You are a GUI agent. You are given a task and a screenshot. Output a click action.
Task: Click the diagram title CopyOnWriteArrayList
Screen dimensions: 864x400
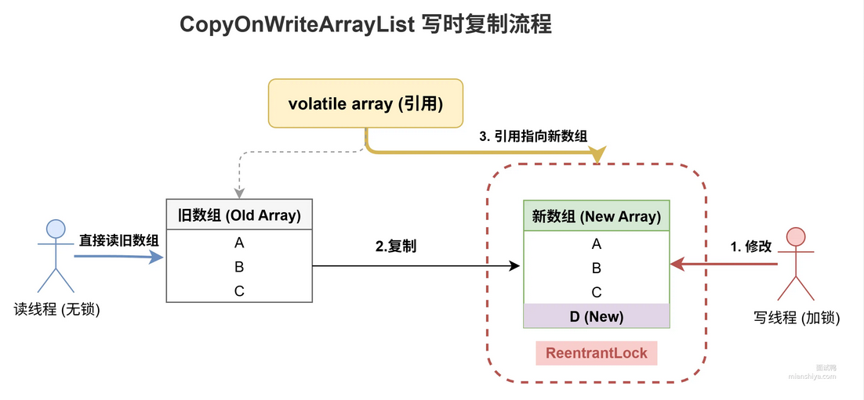298,26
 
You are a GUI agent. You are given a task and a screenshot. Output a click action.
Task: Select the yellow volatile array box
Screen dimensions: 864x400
365,103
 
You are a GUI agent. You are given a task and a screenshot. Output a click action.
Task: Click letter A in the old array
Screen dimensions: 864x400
239,243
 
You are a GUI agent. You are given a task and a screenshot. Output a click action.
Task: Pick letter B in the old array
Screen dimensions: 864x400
239,267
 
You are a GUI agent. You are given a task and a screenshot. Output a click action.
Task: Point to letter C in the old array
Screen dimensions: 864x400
239,291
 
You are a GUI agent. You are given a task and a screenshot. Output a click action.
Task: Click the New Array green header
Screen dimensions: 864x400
596,215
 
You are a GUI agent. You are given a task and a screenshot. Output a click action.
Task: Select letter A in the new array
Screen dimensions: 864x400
596,244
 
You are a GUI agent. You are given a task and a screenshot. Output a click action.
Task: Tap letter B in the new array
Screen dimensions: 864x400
596,268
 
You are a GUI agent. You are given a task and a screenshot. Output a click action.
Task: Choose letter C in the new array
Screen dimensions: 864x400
596,293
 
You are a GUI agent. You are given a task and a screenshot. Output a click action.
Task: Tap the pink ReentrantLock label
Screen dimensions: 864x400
597,353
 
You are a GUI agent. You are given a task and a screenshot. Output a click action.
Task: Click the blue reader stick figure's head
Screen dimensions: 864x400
56,228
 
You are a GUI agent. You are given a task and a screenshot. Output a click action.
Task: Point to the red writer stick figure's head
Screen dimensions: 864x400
796,236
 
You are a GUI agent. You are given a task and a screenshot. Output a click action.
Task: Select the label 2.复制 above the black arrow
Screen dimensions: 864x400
396,247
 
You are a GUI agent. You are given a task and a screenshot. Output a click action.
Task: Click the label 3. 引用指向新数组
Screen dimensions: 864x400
532,137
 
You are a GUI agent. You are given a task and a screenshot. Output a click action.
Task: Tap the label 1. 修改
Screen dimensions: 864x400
751,247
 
